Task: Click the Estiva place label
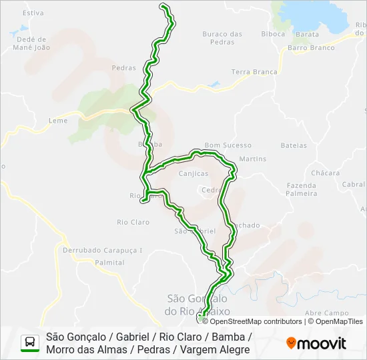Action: tap(33, 13)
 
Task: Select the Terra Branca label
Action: tap(254, 72)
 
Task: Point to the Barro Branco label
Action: tap(311, 48)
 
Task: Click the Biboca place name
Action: tap(273, 33)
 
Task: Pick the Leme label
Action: tap(59, 121)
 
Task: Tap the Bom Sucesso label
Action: tap(228, 145)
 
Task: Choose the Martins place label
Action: tap(252, 159)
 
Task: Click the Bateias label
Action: tap(294, 145)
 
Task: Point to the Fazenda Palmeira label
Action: tap(302, 189)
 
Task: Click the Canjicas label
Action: tap(193, 173)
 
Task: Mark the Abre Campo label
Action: tap(326, 313)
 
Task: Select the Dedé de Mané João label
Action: tap(32, 43)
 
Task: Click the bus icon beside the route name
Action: tap(30, 343)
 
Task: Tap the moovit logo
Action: tap(316, 343)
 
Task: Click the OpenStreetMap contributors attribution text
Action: tap(256, 321)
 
